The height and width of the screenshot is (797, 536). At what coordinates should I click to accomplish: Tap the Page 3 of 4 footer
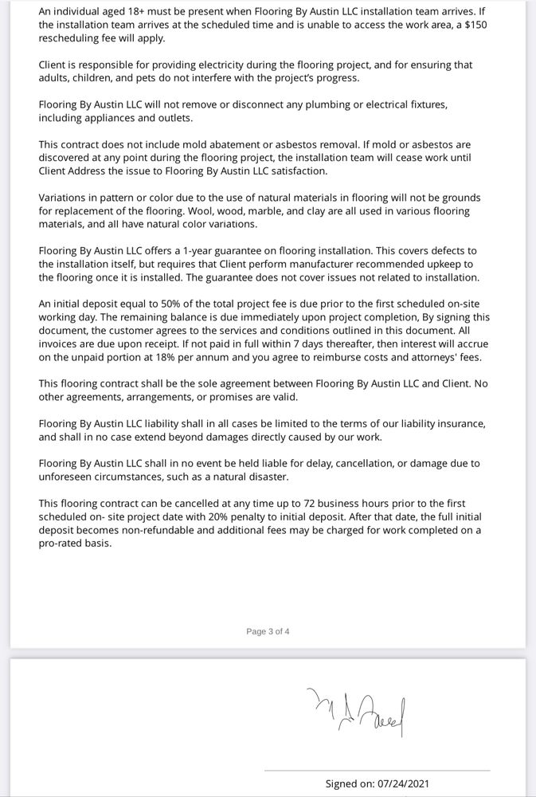point(268,631)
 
